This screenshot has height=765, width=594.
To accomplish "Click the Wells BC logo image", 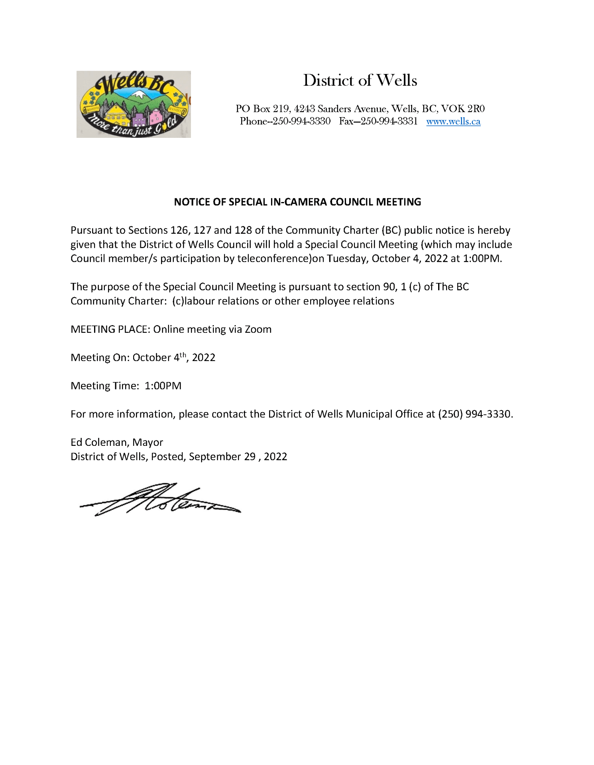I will click(x=134, y=104).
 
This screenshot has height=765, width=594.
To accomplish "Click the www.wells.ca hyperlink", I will click(x=453, y=122).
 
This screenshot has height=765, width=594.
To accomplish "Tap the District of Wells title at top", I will click(x=360, y=80).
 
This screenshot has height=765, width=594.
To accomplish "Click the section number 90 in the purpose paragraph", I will click(x=389, y=287).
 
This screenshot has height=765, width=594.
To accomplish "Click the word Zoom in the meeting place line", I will click(x=258, y=330).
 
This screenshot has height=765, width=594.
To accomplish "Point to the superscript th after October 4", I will click(x=183, y=355).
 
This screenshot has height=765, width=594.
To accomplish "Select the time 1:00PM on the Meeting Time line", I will click(x=163, y=386).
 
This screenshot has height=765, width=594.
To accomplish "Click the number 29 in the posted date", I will click(x=250, y=457).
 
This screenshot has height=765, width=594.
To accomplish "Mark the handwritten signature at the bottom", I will click(x=159, y=500).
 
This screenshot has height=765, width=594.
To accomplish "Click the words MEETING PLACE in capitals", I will click(x=110, y=330).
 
